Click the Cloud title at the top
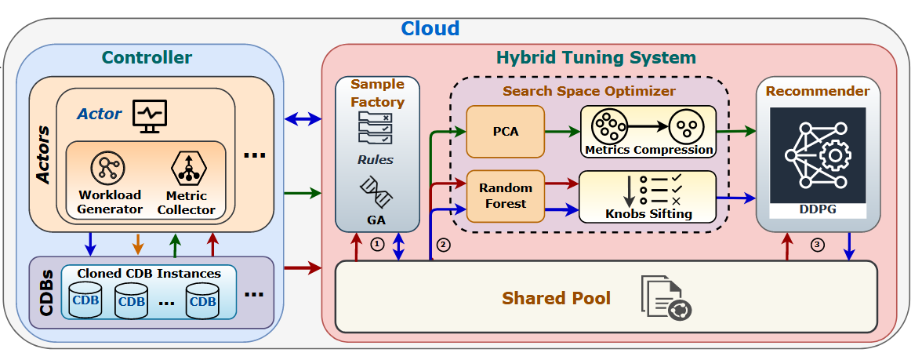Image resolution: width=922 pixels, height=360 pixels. point(430,29)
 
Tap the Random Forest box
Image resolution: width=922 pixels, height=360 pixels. point(505,196)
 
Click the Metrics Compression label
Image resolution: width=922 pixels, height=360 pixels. point(648,149)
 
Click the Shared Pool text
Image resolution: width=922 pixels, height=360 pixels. point(556,298)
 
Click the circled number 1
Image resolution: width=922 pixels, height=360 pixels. point(378,244)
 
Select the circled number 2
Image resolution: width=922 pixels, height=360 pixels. point(444,244)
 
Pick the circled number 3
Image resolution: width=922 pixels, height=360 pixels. point(818,244)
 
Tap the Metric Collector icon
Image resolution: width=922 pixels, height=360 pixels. point(186,167)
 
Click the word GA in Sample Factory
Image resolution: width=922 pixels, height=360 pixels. point(376,220)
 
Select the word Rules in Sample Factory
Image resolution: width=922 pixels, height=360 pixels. point(376,160)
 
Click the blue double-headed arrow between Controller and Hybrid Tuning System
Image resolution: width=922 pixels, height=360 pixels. point(303,119)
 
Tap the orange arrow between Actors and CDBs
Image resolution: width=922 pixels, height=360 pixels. point(138,243)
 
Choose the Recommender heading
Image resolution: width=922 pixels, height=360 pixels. point(817,91)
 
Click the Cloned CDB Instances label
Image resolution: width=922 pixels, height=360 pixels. point(149,274)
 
